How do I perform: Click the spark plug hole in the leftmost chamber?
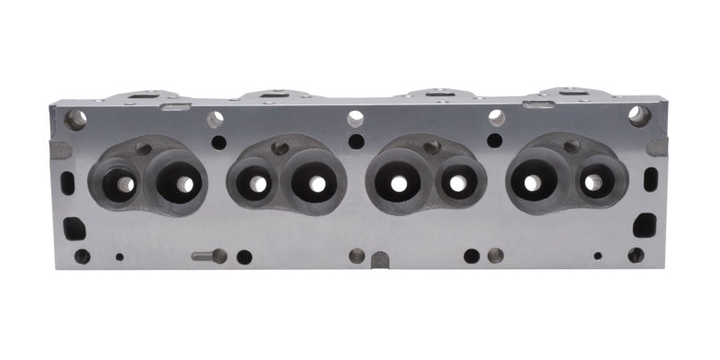click(x=143, y=148)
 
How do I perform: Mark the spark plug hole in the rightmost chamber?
click(x=571, y=147)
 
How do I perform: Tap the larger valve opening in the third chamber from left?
click(x=397, y=183)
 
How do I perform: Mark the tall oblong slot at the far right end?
click(x=651, y=179)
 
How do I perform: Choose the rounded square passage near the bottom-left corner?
click(x=75, y=228)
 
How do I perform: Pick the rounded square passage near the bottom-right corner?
click(x=644, y=224)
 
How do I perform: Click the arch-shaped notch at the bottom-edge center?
click(x=380, y=260)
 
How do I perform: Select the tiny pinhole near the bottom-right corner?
click(x=597, y=256)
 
